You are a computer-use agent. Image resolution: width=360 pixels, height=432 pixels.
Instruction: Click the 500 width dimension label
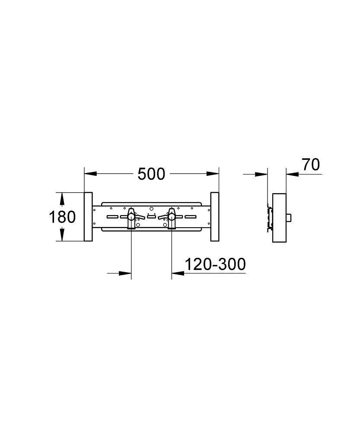(151, 174)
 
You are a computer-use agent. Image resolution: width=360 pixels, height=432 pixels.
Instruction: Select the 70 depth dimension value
(311, 165)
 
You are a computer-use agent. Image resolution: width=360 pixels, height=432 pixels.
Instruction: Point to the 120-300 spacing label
(215, 264)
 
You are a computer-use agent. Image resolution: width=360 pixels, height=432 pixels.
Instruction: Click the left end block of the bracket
(88, 216)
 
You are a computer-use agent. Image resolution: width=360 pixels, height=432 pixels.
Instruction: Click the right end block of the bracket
(215, 216)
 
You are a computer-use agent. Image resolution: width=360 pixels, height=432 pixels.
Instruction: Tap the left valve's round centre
(131, 217)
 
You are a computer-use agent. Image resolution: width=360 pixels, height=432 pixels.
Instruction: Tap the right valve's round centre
(172, 217)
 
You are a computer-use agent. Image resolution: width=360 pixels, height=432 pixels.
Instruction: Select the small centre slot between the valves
(151, 217)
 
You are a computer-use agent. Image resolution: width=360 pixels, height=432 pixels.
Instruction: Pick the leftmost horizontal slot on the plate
(112, 217)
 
